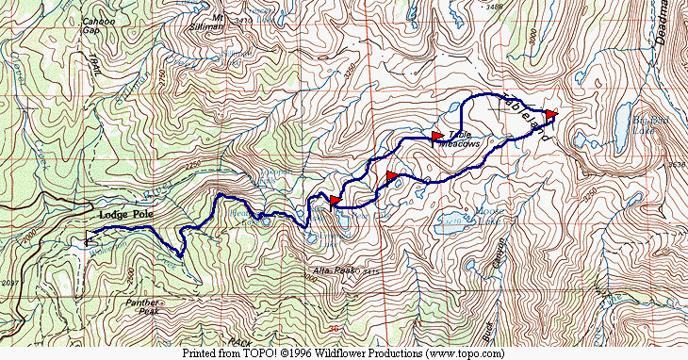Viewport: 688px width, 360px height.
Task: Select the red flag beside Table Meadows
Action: tap(436, 137)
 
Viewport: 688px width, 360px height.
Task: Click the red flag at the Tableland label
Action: tap(551, 115)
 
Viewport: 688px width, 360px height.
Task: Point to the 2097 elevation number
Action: tap(11, 283)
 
